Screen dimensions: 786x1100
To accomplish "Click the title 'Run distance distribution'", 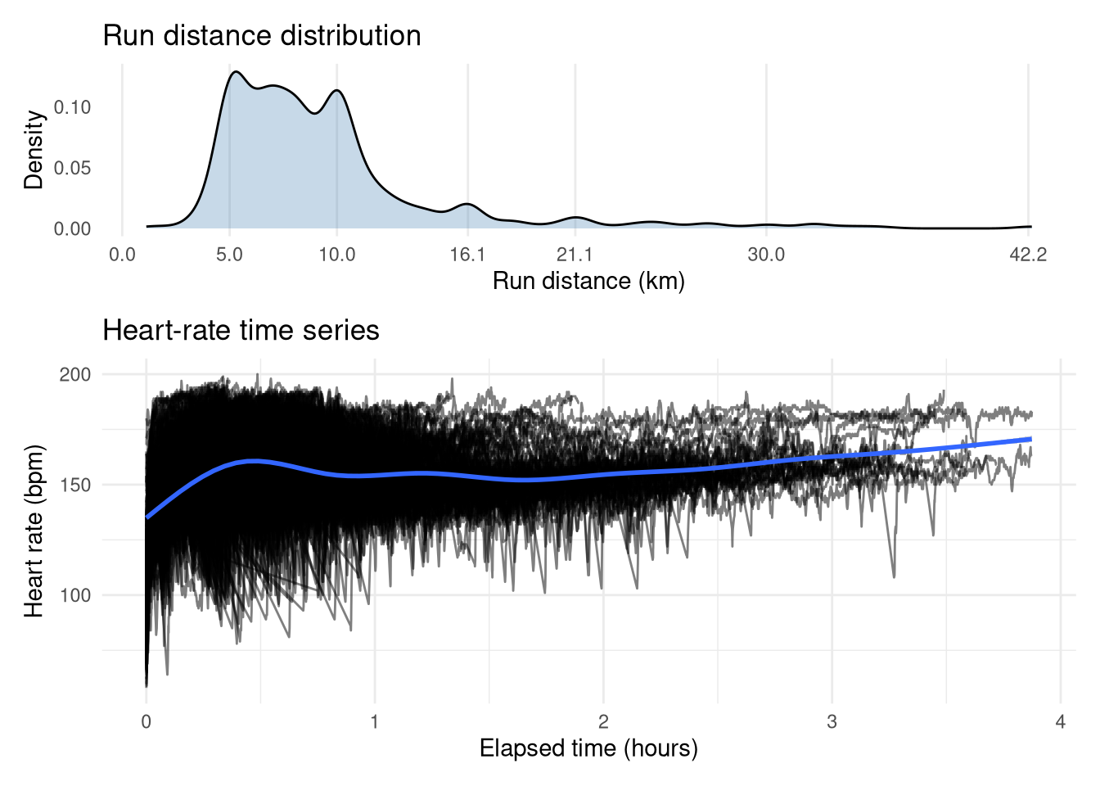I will click(262, 36).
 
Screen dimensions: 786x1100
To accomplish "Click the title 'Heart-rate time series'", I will click(241, 331).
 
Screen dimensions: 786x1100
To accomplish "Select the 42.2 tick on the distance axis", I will click(1028, 255).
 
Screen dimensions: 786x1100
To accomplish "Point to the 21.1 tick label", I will click(575, 255).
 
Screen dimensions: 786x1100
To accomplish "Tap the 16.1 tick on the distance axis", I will click(467, 255).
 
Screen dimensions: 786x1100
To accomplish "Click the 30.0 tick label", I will click(766, 255).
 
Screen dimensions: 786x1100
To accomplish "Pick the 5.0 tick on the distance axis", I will click(230, 255).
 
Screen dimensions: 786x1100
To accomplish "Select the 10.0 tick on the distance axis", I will click(337, 255).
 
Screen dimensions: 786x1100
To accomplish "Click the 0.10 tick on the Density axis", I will click(73, 107).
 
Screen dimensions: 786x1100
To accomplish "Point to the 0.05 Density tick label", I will click(73, 168).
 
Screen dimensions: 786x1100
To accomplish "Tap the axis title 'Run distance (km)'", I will click(588, 282).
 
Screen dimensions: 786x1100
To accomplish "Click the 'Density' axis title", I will click(34, 150).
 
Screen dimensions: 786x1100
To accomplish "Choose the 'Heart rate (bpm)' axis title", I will click(34, 531).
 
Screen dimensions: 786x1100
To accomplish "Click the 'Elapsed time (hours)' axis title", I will click(588, 748).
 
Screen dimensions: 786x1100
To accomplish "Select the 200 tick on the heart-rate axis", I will click(75, 374).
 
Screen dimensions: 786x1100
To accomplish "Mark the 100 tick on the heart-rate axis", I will click(75, 595).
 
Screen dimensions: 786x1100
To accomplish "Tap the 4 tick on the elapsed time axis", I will click(1061, 722).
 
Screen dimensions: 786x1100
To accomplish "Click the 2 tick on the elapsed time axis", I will click(603, 722).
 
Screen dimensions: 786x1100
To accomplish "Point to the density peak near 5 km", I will click(236, 72).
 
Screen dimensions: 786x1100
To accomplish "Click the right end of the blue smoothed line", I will click(1030, 439).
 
